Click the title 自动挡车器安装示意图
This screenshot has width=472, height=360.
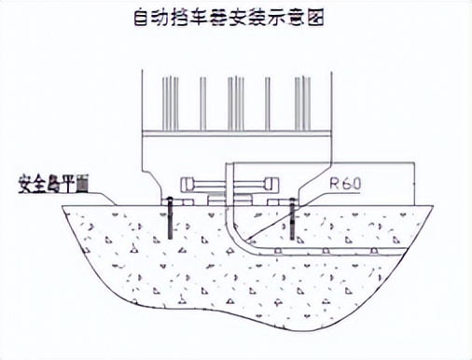(x=235, y=18)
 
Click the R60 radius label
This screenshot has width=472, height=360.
(x=346, y=185)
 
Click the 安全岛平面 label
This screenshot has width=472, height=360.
(x=50, y=184)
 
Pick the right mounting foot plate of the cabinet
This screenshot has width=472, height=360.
(x=280, y=201)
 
